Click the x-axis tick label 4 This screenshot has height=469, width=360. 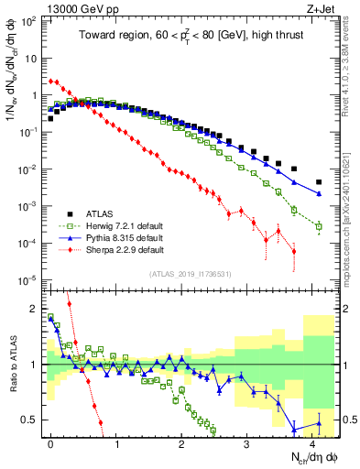pyautogui.click(x=311, y=442)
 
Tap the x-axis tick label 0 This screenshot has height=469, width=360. pyautogui.click(x=50, y=442)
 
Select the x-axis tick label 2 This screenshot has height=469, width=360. pyautogui.click(x=181, y=442)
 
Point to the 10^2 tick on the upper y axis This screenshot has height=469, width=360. pyautogui.click(x=31, y=20)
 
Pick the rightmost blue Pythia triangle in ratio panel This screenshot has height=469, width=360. pyautogui.click(x=319, y=422)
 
